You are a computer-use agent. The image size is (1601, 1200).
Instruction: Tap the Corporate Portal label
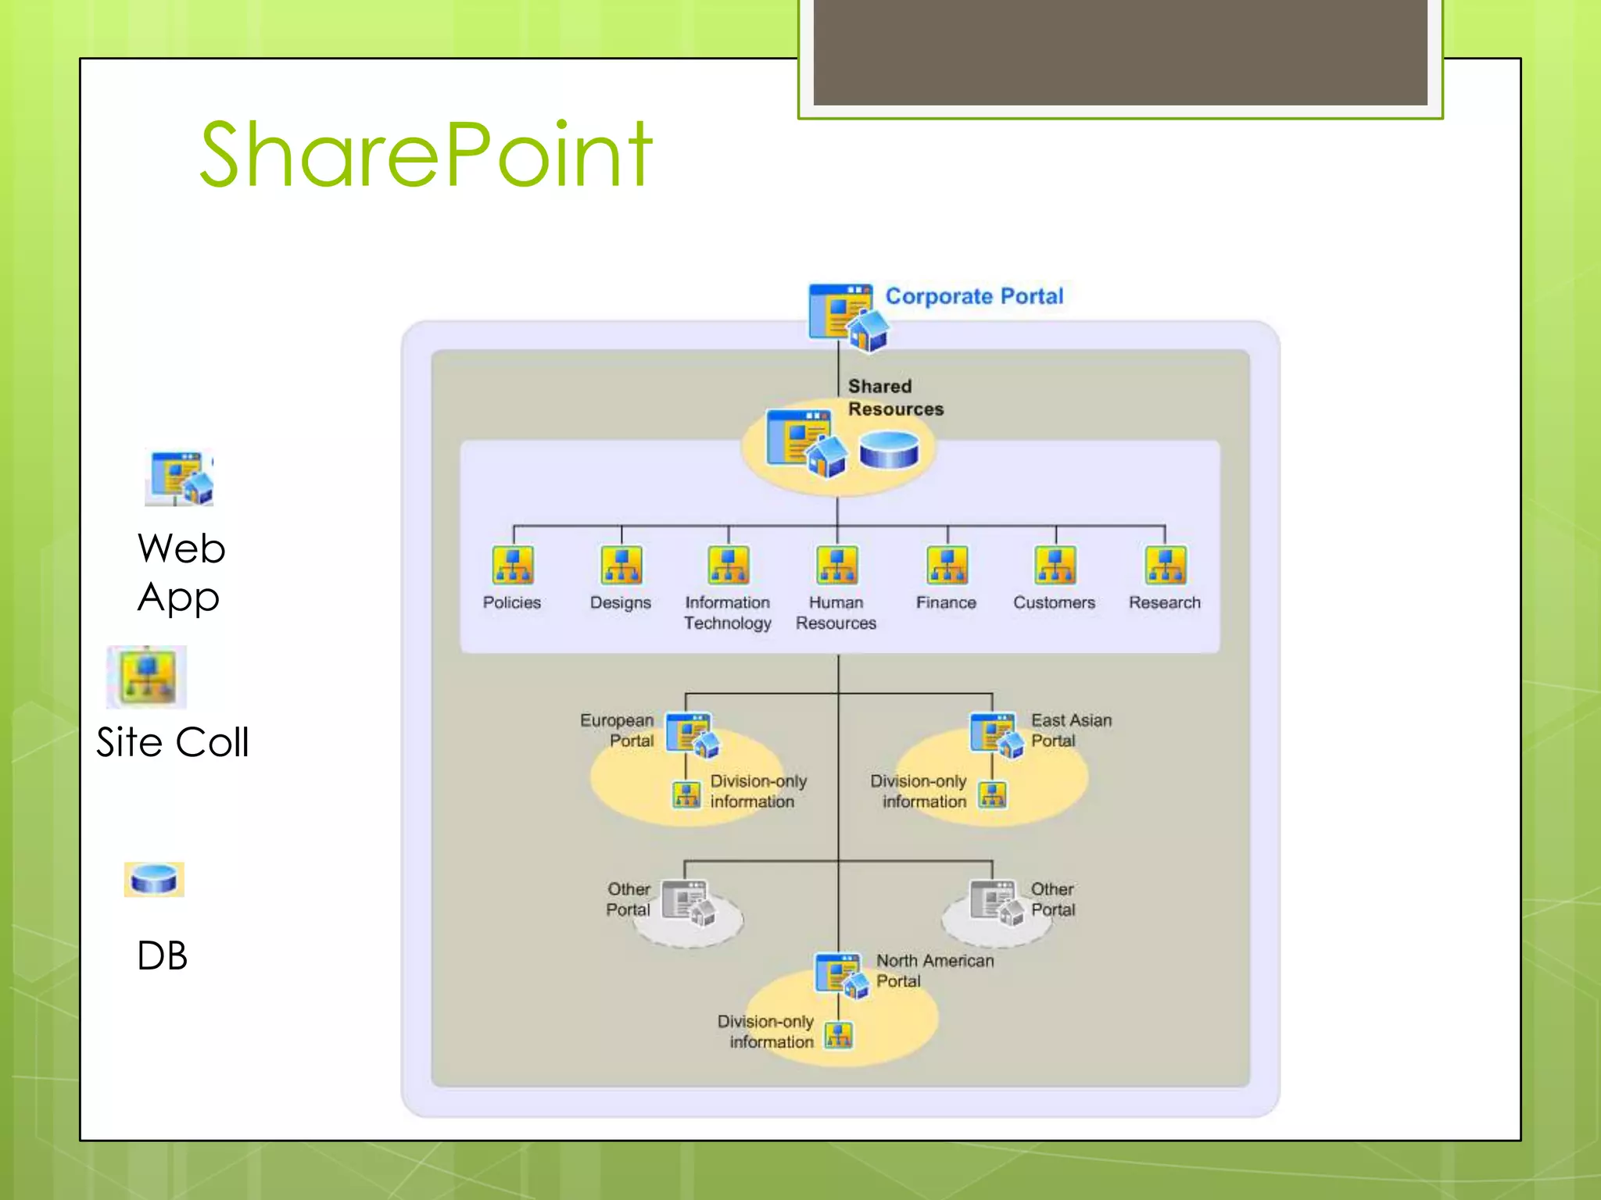[974, 296]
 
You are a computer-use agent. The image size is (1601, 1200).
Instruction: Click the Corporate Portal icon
[847, 316]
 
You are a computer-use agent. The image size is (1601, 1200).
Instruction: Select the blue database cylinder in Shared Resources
[889, 451]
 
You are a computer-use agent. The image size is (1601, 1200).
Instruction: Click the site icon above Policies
[513, 565]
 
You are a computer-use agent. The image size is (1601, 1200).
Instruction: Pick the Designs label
[620, 602]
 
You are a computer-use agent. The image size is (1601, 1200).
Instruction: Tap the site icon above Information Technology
[728, 565]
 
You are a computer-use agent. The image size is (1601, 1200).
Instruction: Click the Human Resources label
[836, 612]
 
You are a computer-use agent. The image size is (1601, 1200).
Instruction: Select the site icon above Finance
[947, 565]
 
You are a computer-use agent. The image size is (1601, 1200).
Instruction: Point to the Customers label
[1054, 602]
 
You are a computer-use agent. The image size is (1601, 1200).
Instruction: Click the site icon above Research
[1165, 565]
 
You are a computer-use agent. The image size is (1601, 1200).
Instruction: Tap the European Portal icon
[692, 735]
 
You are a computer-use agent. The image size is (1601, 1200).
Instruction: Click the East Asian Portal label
[1070, 730]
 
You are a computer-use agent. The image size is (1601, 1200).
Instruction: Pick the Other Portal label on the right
[1052, 899]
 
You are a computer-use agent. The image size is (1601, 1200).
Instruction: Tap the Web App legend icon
[180, 477]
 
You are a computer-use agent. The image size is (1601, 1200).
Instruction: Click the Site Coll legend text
[173, 742]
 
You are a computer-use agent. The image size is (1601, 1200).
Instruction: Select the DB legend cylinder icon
[154, 879]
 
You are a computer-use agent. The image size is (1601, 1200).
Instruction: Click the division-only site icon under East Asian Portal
[993, 795]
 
